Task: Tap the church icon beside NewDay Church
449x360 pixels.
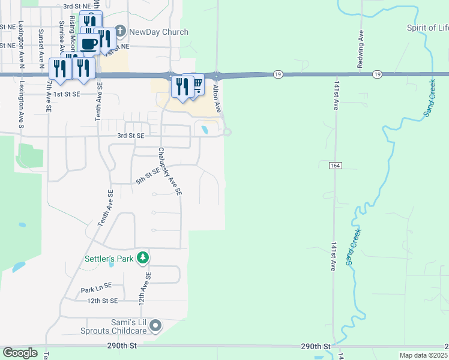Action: [120, 31]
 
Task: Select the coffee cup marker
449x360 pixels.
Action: [89, 44]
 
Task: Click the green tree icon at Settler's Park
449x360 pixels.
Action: [142, 258]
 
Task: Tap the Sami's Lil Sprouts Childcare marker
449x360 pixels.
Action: [156, 326]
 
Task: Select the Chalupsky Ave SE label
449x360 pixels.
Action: [170, 172]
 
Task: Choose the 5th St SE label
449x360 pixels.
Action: [148, 175]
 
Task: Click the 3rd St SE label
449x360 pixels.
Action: [131, 136]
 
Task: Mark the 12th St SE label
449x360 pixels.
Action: [102, 300]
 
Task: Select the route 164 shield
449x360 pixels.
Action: [336, 164]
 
